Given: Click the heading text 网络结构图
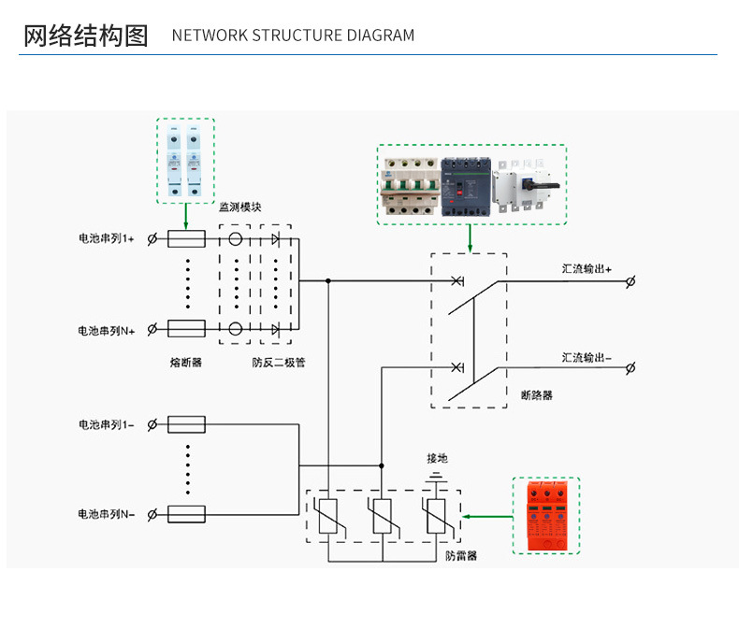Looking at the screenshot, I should [85, 36].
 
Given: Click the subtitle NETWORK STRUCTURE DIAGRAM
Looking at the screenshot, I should [293, 36].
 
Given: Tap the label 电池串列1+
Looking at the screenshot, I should [106, 239].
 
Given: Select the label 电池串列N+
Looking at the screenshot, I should [106, 330].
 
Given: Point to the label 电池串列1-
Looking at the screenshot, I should [106, 424].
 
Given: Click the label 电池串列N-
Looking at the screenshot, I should [106, 514].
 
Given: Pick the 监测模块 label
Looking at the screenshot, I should [241, 207].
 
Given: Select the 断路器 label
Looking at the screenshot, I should [536, 395].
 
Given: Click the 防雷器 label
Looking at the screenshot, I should [461, 555].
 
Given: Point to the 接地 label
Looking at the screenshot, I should [437, 458].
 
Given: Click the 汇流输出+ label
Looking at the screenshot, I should [587, 268].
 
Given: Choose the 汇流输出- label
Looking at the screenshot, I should [587, 357].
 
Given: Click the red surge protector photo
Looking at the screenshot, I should [546, 516].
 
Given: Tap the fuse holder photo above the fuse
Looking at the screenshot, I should [184, 161].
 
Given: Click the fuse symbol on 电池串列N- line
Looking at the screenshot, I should [185, 514].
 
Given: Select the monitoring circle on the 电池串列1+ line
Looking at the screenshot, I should [235, 239].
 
